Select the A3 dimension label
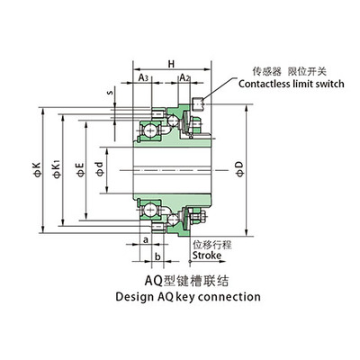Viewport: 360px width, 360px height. coord(145,78)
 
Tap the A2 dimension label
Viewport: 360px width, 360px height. coord(184,78)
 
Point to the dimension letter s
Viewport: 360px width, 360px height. coord(109,92)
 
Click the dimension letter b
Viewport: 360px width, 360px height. coord(157,256)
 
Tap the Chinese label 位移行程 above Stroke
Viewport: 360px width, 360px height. coord(209,243)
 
